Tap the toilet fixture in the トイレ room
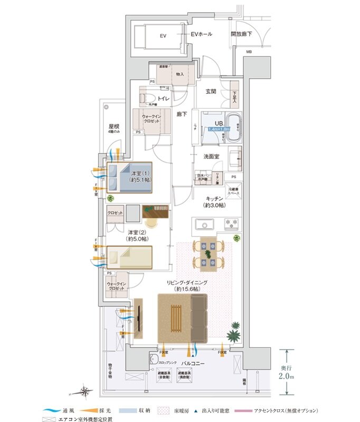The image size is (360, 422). (x=146, y=98)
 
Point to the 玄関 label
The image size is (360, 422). (x=211, y=91)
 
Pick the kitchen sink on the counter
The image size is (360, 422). (x=204, y=225)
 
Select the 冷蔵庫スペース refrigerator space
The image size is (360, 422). (x=233, y=191)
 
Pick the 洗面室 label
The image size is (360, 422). (x=211, y=157)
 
